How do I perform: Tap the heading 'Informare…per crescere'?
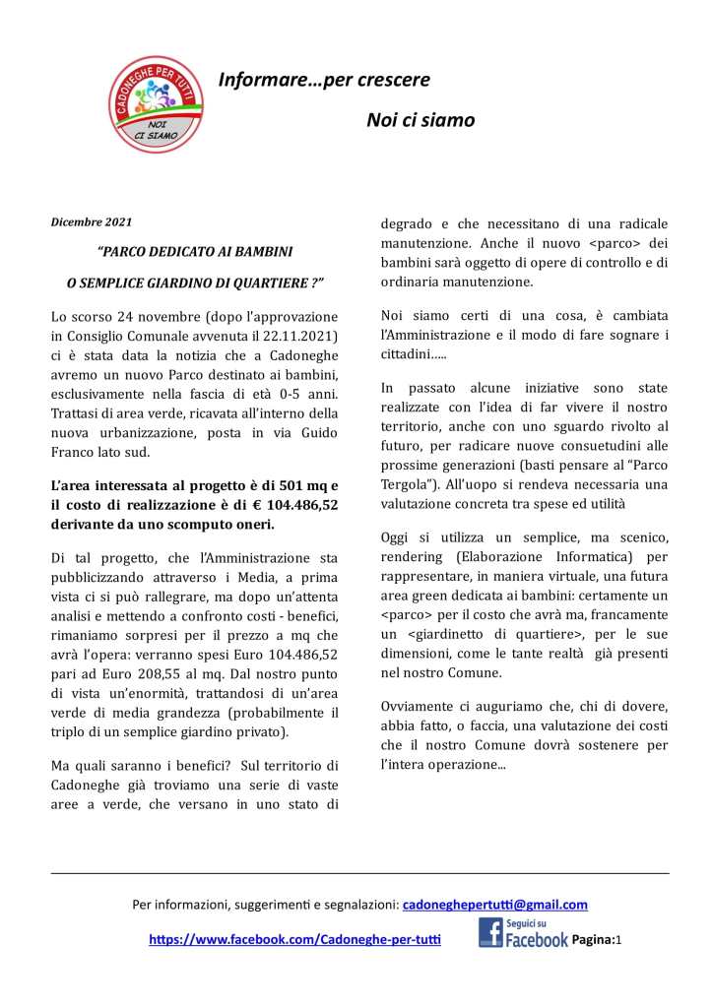tap(324, 80)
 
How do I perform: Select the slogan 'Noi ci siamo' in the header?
tap(421, 120)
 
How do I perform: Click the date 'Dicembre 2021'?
tap(92, 222)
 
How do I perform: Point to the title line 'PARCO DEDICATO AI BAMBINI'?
tap(195, 252)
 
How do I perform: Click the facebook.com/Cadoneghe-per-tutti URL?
tap(294, 940)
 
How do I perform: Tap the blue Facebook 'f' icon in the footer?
tap(490, 933)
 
